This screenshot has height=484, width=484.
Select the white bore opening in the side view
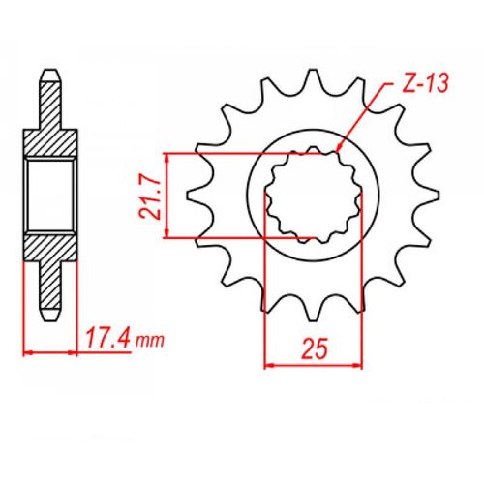(50, 194)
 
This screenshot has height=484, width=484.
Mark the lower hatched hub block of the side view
(50, 249)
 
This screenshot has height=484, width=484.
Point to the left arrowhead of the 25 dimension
(270, 365)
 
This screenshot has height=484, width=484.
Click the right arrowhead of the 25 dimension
(357, 365)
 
